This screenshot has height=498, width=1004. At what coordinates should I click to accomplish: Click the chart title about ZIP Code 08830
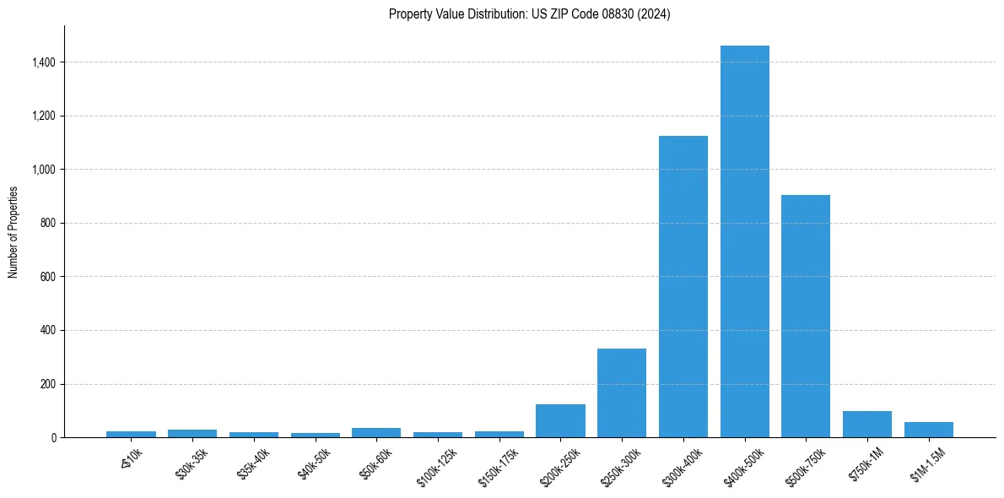coord(529,14)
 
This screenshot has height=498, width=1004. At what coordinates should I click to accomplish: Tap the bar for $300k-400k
coord(683,287)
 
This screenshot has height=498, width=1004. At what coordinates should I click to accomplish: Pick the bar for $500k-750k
coord(806,317)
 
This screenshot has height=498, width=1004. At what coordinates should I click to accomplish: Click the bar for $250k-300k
coord(622,393)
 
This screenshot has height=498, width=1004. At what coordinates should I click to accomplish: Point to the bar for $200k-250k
coord(560,421)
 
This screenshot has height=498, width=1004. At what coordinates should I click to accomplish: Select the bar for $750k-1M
coord(867,425)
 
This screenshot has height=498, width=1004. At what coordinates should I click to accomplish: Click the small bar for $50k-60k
coord(376,433)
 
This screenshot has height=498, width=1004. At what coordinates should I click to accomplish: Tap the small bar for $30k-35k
coord(192,434)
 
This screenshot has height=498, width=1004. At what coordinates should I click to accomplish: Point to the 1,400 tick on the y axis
coord(44,62)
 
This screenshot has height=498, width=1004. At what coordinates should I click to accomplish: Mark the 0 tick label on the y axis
coord(54,438)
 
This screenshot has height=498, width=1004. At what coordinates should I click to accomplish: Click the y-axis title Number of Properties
coord(13,232)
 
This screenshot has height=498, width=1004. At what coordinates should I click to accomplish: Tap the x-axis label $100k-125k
coord(438,463)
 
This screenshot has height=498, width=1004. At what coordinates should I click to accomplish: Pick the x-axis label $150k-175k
coord(499,463)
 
